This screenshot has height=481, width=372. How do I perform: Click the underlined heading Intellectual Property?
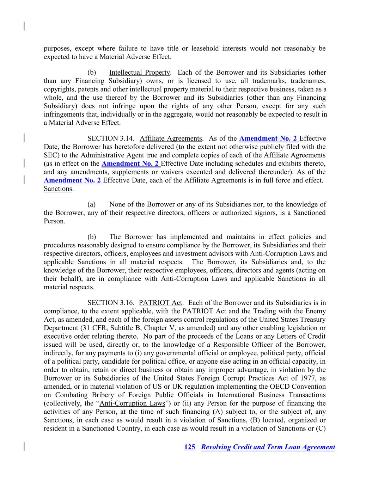140,73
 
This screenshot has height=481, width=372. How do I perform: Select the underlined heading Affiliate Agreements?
171,138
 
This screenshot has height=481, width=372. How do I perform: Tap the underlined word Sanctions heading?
58,189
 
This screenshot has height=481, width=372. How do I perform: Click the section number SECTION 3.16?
111,303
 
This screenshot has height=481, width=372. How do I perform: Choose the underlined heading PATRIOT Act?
160,303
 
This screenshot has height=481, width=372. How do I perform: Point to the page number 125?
189,447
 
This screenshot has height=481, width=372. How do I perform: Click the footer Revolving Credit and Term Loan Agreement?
268,447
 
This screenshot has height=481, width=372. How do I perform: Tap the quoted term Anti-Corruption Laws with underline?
132,403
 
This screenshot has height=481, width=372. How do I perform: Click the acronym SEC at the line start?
49,155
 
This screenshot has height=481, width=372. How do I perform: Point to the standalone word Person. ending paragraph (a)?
54,221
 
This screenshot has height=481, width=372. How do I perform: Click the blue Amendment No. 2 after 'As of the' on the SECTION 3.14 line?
268,138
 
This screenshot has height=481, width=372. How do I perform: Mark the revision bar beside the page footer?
24,446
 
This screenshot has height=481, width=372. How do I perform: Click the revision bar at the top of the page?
24,26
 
